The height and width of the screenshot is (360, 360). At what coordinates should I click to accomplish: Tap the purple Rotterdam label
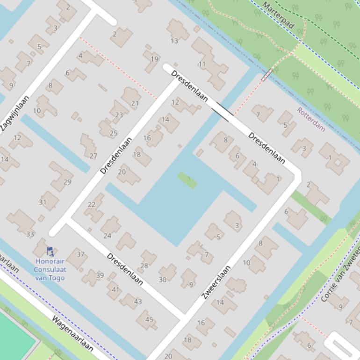(311, 119)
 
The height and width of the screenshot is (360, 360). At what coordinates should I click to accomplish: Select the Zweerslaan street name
(216, 282)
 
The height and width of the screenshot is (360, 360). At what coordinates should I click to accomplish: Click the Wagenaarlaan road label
(72, 333)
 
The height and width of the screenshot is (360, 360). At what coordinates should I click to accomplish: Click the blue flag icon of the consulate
(50, 251)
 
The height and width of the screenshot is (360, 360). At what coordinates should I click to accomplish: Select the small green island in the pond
(187, 180)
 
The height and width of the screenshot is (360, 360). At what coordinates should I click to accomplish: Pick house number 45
(149, 320)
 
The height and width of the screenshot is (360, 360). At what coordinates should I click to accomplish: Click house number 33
(30, 234)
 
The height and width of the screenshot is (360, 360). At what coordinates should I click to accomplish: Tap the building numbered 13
(174, 41)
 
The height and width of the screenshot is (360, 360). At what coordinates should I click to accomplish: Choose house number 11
(202, 64)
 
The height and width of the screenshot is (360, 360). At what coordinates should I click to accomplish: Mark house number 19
(154, 59)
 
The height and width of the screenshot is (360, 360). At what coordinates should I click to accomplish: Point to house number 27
(93, 156)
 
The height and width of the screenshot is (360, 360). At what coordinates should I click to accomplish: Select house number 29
(67, 182)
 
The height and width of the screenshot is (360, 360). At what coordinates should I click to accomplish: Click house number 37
(80, 254)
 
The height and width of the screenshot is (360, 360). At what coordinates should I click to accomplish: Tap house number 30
(163, 280)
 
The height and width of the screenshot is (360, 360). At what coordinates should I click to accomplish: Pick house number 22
(92, 204)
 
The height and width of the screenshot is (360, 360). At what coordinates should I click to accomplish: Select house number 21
(135, 103)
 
